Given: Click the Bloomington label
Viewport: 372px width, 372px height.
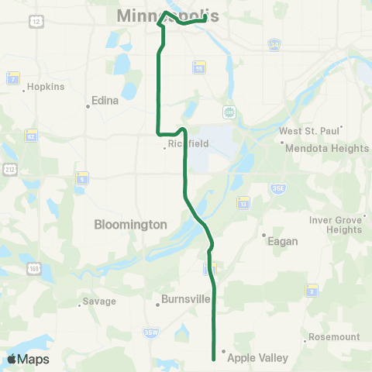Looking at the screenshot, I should click(130, 224).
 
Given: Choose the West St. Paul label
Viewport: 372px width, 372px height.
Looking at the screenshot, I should click(308, 132).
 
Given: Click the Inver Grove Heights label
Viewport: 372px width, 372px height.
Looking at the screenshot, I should click(336, 225).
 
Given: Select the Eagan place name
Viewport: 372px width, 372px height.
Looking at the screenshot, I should click(282, 241).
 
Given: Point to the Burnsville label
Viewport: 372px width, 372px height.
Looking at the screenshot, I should click(187, 298).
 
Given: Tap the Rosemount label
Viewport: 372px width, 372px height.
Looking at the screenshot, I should click(334, 337).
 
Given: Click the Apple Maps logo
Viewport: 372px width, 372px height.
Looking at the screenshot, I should click(28, 359).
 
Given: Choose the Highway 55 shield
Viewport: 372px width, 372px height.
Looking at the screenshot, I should click(199, 67).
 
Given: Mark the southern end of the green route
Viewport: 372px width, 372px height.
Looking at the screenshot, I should click(214, 358).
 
